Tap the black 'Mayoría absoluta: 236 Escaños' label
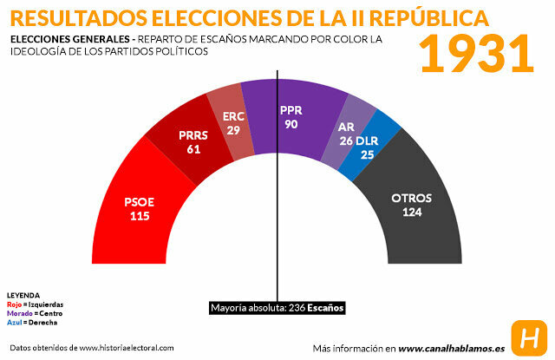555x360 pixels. tap(277, 308)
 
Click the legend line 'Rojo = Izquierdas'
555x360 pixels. tap(35, 304)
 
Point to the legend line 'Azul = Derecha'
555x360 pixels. tap(32, 322)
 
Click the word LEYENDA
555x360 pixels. tap(23, 295)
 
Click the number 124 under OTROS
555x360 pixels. tap(410, 213)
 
